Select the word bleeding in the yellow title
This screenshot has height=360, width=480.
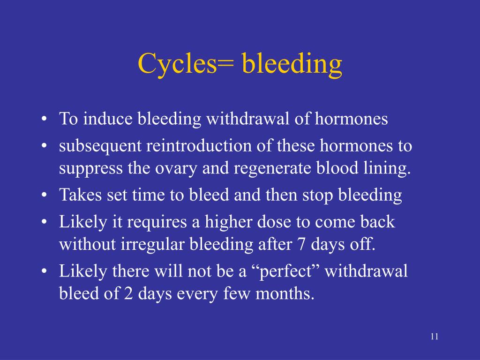(x=292, y=64)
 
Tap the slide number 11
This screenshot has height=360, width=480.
(x=434, y=337)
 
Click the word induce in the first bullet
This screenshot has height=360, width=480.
(x=109, y=119)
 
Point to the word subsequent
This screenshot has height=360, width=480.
(x=100, y=146)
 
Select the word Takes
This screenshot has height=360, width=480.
(x=75, y=195)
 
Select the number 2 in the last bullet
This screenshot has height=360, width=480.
(x=128, y=294)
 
